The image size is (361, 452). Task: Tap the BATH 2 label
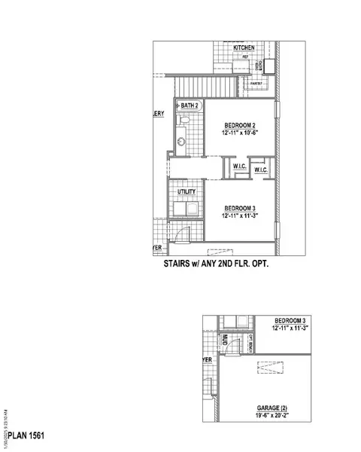pyautogui.click(x=189, y=106)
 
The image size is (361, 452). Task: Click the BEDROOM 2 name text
pyautogui.click(x=240, y=125)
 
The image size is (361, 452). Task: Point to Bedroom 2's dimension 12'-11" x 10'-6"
pyautogui.click(x=240, y=133)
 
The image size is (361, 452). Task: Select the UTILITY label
pyautogui.click(x=186, y=192)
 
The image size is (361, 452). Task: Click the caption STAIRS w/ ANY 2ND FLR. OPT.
pyautogui.click(x=216, y=265)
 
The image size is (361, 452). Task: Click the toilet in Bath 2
pyautogui.click(x=183, y=121)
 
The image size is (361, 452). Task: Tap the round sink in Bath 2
pyautogui.click(x=180, y=140)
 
